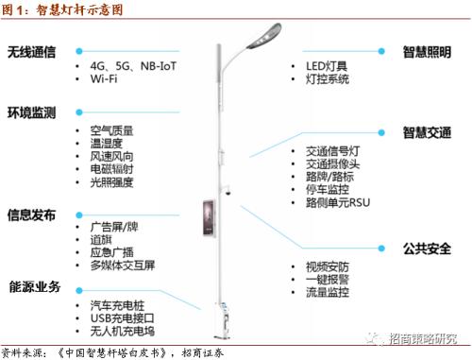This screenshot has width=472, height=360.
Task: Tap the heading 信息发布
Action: [x=32, y=214]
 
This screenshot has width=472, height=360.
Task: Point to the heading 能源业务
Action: [x=36, y=286]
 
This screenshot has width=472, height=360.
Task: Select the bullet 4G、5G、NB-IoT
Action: [x=129, y=68]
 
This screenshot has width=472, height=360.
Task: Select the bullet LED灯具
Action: [x=327, y=66]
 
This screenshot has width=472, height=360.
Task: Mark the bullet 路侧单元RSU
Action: [x=340, y=202]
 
